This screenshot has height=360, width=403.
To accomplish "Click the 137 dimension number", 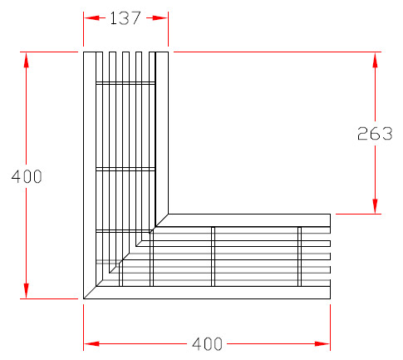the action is pyautogui.click(x=125, y=18).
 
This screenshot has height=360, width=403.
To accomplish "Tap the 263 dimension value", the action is pyautogui.click(x=375, y=133).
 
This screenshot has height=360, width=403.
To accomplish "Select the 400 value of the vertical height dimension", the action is pyautogui.click(x=27, y=176).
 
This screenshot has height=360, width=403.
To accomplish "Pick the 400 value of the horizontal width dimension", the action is pyautogui.click(x=207, y=344).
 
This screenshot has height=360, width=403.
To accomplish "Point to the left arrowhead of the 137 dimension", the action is pyautogui.click(x=91, y=18).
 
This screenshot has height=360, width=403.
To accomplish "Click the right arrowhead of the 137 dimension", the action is pyautogui.click(x=160, y=18).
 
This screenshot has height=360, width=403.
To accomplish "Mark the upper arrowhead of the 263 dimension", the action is pyautogui.click(x=375, y=60).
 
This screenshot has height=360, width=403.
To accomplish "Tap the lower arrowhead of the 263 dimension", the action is pyautogui.click(x=375, y=206).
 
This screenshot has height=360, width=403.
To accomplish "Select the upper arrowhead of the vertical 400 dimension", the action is pyautogui.click(x=27, y=60).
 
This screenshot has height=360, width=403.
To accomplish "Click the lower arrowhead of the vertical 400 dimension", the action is pyautogui.click(x=27, y=291).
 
